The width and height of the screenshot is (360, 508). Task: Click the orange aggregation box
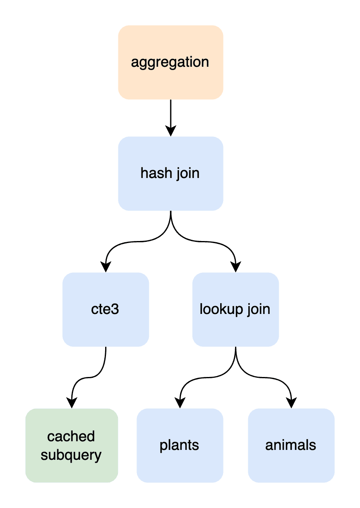coord(170,62)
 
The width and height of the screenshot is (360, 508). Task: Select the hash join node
coord(170,173)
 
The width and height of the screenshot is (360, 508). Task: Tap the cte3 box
coord(106,309)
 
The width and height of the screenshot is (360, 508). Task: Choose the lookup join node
coord(235,309)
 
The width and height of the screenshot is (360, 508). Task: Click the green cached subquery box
coord(71,446)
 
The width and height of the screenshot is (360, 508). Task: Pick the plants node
coord(180,446)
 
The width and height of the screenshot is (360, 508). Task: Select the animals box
coord(291,446)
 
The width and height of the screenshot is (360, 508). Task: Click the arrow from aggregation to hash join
coord(170,118)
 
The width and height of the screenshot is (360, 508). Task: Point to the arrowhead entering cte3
coord(106,267)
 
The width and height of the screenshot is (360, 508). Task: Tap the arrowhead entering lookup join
coord(235,267)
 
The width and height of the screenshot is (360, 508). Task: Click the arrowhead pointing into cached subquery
coord(71,403)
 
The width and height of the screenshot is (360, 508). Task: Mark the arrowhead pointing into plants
coord(180,403)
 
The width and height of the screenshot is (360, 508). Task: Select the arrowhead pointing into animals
coord(291,403)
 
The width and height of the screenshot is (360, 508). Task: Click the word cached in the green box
coord(71,436)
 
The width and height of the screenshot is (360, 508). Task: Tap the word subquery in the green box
coord(71,455)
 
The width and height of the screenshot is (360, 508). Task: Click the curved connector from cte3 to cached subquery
coord(89,377)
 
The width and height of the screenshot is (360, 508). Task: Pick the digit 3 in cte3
coord(115,309)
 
